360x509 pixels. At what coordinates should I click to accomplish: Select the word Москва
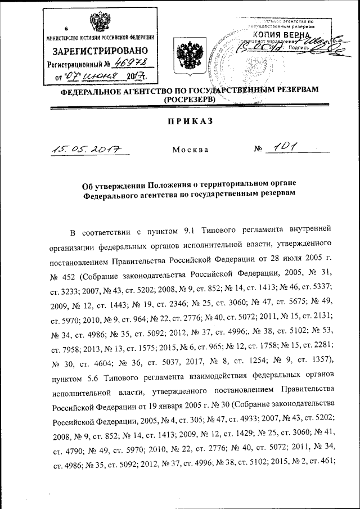[190, 150]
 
